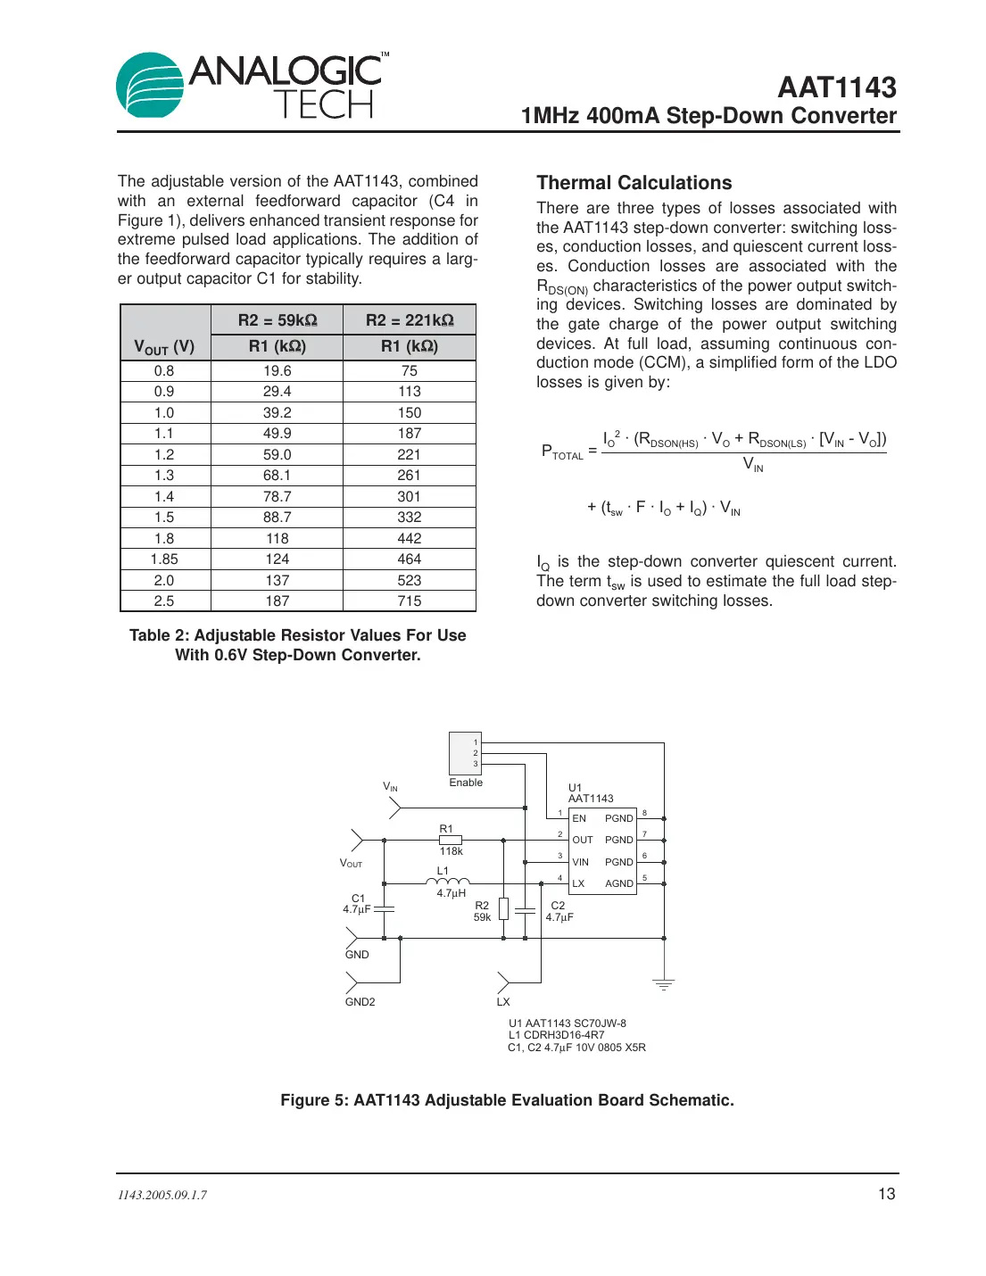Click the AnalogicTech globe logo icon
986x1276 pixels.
coord(150,86)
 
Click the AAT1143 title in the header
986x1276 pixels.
coord(836,87)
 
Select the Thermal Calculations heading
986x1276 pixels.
coord(634,183)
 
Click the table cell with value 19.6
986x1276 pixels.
coord(277,370)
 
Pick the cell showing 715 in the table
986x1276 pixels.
coord(409,601)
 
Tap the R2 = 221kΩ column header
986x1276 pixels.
coord(410,320)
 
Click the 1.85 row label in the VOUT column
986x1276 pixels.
coord(164,559)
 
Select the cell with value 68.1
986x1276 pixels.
coord(277,476)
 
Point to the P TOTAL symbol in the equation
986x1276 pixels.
coord(561,452)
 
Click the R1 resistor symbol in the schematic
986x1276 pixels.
coord(451,840)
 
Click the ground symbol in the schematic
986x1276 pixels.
coord(663,984)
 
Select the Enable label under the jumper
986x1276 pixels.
coord(466,783)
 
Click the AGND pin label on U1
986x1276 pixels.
coord(618,883)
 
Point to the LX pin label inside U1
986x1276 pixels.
coord(578,883)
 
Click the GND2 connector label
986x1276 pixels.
coord(360,1002)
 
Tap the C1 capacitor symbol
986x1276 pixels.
coord(384,908)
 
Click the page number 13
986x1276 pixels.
coord(886,1194)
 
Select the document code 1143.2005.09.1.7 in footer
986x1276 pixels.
coord(162,1195)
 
